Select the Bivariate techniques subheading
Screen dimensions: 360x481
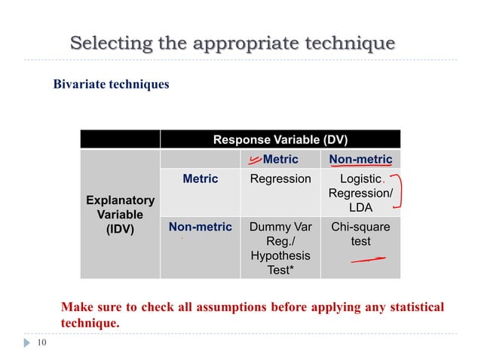(x=111, y=84)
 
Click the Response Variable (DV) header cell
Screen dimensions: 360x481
(x=280, y=139)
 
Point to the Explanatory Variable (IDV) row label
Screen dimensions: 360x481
(x=120, y=215)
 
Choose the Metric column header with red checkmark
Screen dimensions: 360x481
(x=280, y=159)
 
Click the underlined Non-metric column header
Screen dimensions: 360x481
(x=360, y=159)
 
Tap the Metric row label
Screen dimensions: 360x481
(x=200, y=178)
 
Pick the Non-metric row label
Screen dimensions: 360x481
(x=200, y=226)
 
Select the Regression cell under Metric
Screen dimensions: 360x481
(x=280, y=178)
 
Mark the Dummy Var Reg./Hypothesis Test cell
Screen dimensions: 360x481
(x=280, y=248)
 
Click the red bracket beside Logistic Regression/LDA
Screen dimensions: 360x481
(x=397, y=193)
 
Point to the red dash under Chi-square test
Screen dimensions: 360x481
(x=367, y=260)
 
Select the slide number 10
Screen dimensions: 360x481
(x=41, y=343)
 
